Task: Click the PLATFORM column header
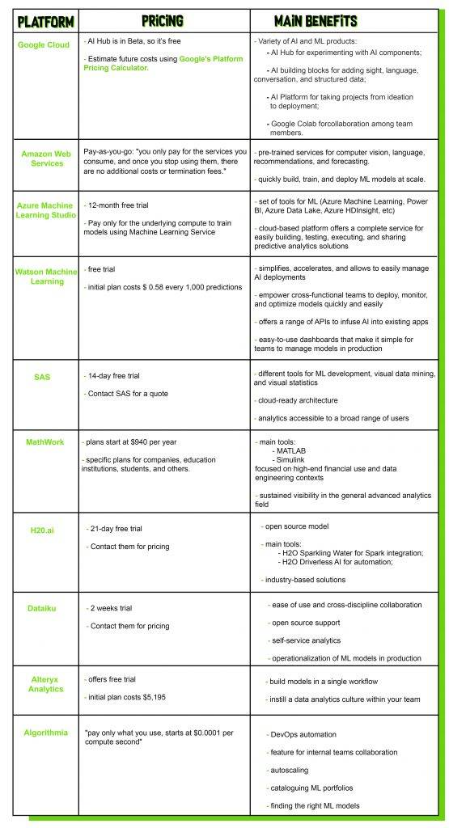click(45, 19)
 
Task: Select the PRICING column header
click(161, 19)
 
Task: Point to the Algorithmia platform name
click(45, 732)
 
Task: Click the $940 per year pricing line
click(130, 441)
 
